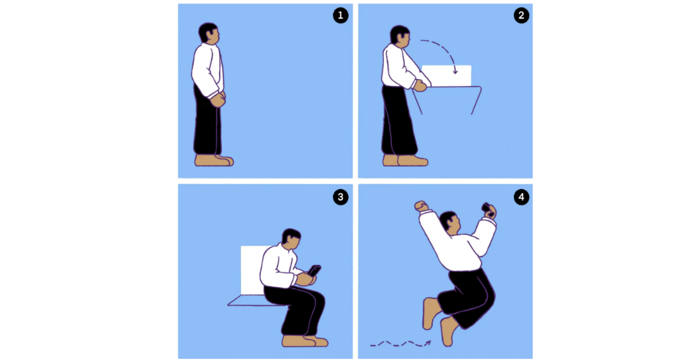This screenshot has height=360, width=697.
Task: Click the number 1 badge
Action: [x=340, y=15]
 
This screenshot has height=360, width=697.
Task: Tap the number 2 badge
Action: [x=521, y=15]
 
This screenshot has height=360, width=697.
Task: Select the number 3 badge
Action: [x=340, y=197]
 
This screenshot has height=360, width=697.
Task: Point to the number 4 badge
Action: [x=521, y=197]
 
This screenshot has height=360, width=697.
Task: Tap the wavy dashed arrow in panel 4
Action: [x=400, y=344]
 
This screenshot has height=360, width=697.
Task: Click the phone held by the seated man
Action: [x=314, y=271]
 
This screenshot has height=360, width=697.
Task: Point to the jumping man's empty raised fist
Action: [x=421, y=206]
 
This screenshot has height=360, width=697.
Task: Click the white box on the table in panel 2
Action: [x=447, y=75]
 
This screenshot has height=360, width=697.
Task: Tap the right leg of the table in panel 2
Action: [x=476, y=100]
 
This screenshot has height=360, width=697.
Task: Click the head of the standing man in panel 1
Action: [x=209, y=33]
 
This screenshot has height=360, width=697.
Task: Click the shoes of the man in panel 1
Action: [x=214, y=160]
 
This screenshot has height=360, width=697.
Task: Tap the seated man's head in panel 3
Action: [x=291, y=239]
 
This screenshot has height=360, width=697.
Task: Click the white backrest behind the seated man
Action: [x=254, y=270]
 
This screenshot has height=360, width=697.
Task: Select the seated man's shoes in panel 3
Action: [x=305, y=341]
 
